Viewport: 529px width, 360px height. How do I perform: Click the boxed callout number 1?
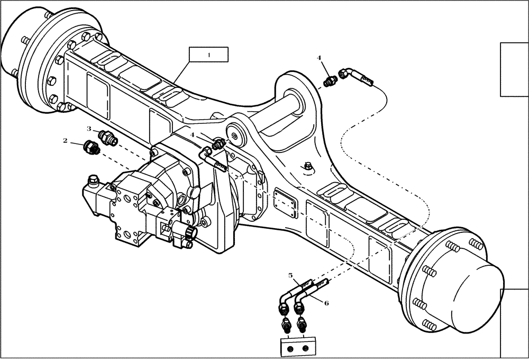point(209,55)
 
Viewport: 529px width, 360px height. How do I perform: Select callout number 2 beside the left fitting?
point(65,141)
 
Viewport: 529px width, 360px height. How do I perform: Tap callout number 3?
point(89,129)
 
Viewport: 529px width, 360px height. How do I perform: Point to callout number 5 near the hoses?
point(290,275)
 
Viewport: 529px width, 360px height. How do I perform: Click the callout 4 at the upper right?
point(319,58)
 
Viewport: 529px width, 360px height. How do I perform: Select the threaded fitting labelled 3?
point(108,138)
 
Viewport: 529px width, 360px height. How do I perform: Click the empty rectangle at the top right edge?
point(514,69)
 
